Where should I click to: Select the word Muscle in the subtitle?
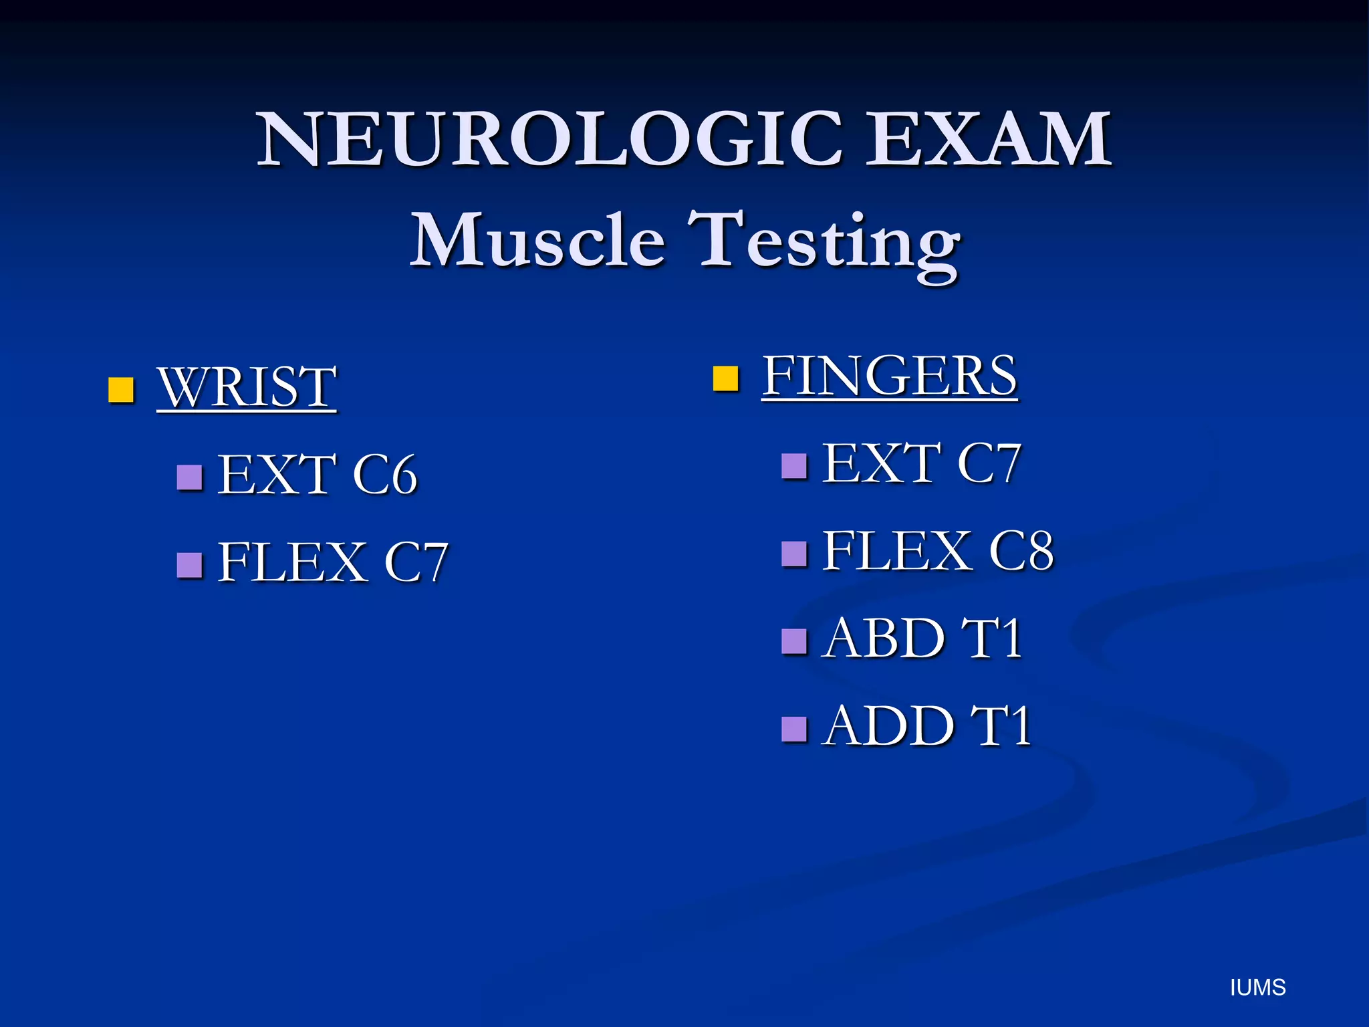click(x=537, y=241)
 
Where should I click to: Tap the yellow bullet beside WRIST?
click(x=121, y=389)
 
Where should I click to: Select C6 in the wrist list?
click(x=384, y=475)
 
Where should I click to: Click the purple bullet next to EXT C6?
click(x=190, y=477)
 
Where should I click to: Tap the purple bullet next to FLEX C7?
click(x=190, y=565)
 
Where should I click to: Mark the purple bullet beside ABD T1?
click(x=794, y=641)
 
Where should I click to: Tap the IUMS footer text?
click(x=1257, y=988)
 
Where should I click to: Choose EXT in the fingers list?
click(x=881, y=463)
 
